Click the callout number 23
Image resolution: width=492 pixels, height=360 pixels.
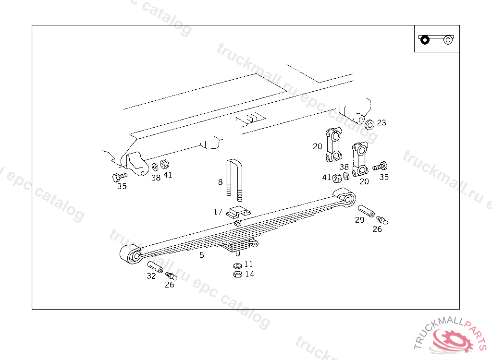(x=381, y=122)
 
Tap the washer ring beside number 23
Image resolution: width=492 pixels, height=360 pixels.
(x=369, y=125)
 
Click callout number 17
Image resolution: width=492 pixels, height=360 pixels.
(x=218, y=211)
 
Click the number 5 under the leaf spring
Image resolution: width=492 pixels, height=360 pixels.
(x=202, y=255)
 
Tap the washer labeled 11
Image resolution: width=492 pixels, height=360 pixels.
(x=237, y=265)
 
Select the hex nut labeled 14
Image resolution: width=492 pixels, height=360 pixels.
(x=237, y=274)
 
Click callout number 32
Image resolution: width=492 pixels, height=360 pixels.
(x=151, y=276)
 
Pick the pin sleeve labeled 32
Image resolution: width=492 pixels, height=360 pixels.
(x=155, y=266)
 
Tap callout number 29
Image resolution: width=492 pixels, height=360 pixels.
(x=359, y=220)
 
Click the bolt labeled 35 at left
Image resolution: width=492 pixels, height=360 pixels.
(x=119, y=177)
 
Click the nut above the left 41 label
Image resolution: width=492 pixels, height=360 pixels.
(x=164, y=164)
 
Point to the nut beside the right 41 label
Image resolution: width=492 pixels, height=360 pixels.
(x=337, y=178)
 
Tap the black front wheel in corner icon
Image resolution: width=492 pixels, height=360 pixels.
(x=424, y=39)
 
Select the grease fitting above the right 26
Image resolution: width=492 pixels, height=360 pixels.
(x=381, y=220)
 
